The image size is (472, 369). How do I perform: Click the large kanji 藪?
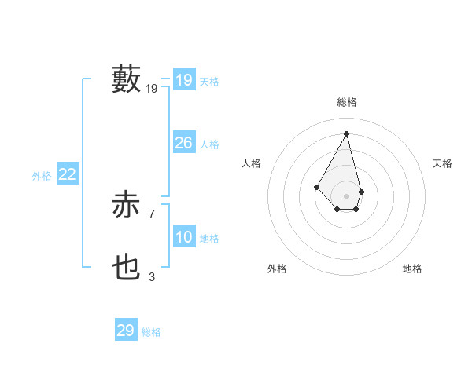pyautogui.click(x=126, y=79)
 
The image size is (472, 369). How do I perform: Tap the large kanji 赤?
pyautogui.click(x=126, y=206)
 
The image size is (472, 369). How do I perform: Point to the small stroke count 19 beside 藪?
pyautogui.click(x=152, y=89)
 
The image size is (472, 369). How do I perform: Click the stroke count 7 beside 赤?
pyautogui.click(x=151, y=214)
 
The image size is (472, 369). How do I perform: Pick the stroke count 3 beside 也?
pyautogui.click(x=151, y=276)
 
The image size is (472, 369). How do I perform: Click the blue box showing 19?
pyautogui.click(x=184, y=80)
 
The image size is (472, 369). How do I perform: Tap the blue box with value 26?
pyautogui.click(x=184, y=143)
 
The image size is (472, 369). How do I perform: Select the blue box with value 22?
pyautogui.click(x=68, y=174)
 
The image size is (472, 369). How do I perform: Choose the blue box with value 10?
pyautogui.click(x=184, y=237)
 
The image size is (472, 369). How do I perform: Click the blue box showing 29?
pyautogui.click(x=126, y=330)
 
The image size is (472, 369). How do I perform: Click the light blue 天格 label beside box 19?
pyautogui.click(x=209, y=82)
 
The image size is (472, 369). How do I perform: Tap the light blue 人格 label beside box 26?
pyautogui.click(x=209, y=144)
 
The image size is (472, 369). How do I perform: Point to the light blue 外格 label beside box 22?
pyautogui.click(x=42, y=176)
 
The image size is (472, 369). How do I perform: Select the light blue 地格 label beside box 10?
pyautogui.click(x=209, y=239)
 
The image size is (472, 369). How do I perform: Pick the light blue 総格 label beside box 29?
pyautogui.click(x=151, y=332)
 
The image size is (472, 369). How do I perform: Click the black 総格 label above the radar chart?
pyautogui.click(x=347, y=102)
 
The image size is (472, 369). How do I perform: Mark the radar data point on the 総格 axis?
pyautogui.click(x=347, y=133)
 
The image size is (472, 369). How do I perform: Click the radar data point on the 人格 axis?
pyautogui.click(x=316, y=186)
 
